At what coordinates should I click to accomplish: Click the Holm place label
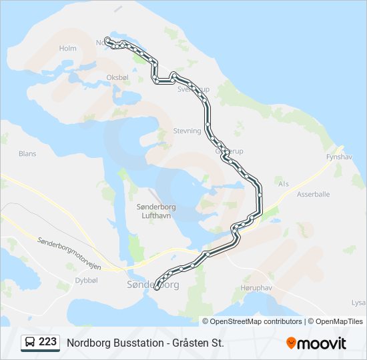click(x=68, y=49)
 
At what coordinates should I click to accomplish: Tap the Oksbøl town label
click(x=117, y=77)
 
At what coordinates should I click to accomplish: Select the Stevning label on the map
click(x=187, y=131)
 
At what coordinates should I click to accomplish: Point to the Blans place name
click(x=27, y=153)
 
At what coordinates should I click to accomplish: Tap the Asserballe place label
click(x=314, y=195)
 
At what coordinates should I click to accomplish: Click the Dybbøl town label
click(x=87, y=281)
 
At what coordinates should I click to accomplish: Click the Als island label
click(x=284, y=183)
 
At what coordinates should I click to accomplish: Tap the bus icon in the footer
click(x=30, y=343)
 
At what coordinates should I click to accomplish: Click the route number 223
click(x=47, y=342)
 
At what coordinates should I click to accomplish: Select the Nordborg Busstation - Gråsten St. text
click(x=145, y=343)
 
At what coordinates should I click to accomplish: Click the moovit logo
click(x=316, y=343)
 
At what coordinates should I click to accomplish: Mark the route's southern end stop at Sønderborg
click(x=157, y=288)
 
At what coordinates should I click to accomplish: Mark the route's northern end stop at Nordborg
click(x=107, y=40)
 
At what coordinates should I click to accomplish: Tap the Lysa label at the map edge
click(x=358, y=302)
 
